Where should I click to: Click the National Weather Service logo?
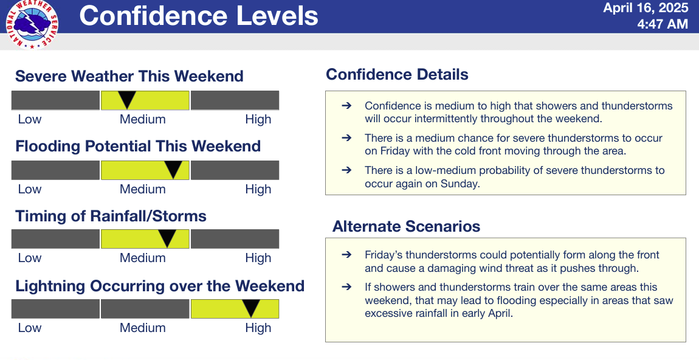tap(32, 24)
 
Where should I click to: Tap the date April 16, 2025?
tap(646, 7)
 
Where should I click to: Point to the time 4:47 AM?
tap(663, 24)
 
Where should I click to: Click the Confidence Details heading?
tap(397, 75)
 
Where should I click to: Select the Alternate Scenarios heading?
tap(406, 226)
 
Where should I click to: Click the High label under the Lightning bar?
tap(258, 328)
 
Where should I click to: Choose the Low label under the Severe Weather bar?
tap(29, 119)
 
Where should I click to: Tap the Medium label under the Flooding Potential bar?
tap(143, 189)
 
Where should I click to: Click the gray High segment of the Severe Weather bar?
tap(235, 100)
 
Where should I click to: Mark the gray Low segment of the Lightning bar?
tap(55, 309)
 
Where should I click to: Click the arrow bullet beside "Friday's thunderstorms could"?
tap(346, 255)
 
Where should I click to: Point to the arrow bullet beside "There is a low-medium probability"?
tap(346, 170)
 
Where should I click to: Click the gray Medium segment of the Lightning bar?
tap(145, 309)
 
